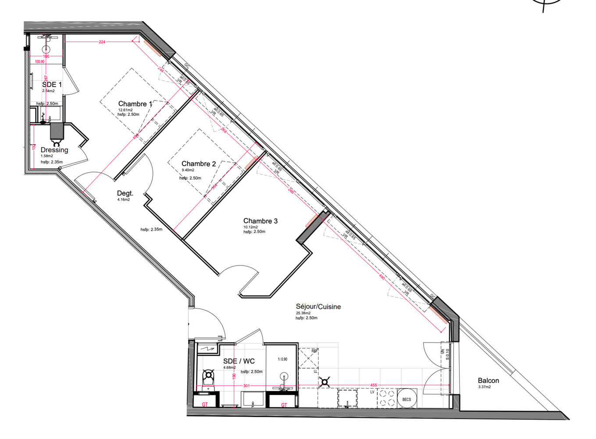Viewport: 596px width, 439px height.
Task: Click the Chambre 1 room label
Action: pyautogui.click(x=135, y=104)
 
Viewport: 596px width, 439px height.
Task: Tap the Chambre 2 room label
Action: pyautogui.click(x=199, y=164)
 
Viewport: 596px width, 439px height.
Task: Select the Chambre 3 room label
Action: pyautogui.click(x=260, y=221)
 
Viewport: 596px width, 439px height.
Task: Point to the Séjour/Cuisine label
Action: pyautogui.click(x=318, y=307)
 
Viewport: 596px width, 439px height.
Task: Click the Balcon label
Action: pyautogui.click(x=488, y=381)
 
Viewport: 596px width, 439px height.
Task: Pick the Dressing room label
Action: pyautogui.click(x=54, y=150)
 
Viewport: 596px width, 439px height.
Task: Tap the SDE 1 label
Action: pyautogui.click(x=52, y=84)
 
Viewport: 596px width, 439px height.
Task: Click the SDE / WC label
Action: pyautogui.click(x=239, y=361)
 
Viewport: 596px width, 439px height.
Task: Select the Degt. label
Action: pyautogui.click(x=125, y=193)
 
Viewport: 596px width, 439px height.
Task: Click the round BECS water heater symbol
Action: pyautogui.click(x=407, y=398)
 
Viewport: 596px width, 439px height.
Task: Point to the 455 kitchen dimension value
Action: pyautogui.click(x=373, y=385)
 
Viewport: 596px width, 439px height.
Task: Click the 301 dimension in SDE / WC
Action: pyautogui.click(x=246, y=386)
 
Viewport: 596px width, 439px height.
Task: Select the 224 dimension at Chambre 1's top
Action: pyautogui.click(x=102, y=42)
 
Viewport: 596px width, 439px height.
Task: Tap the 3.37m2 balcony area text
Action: pyautogui.click(x=485, y=387)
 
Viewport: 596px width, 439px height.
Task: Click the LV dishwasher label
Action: pyautogui.click(x=372, y=392)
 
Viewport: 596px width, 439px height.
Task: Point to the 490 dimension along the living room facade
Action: pyautogui.click(x=382, y=277)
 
